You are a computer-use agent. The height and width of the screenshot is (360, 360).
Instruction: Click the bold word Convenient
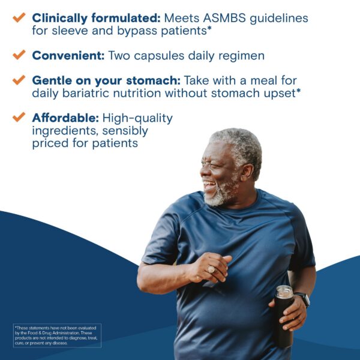[68, 55]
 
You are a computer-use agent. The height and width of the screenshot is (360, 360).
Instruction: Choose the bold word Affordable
[65, 118]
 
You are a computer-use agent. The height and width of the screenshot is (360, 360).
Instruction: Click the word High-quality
[137, 118]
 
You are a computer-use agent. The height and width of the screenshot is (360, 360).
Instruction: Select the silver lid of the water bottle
[284, 293]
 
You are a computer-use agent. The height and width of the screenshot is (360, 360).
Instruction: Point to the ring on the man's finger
[212, 270]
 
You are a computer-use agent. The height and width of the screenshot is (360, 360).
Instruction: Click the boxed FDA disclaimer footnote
[57, 335]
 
